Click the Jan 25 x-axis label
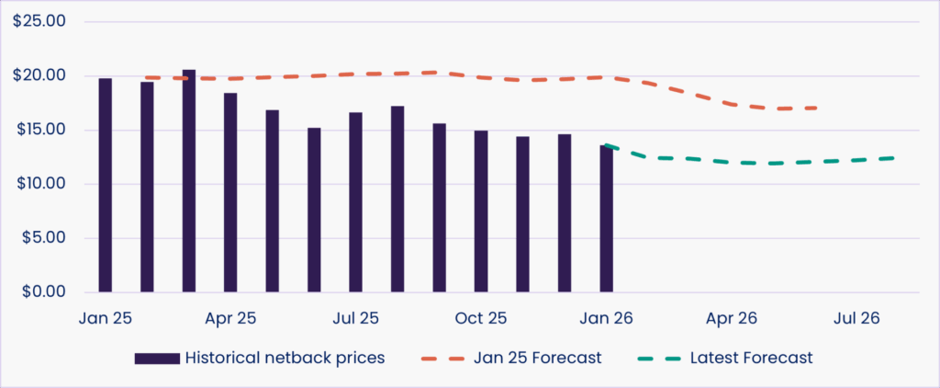[106, 318]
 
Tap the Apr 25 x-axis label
[231, 318]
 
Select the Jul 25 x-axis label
[355, 318]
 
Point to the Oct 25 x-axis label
[481, 318]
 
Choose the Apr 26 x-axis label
[732, 318]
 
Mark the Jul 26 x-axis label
[856, 318]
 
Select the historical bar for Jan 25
[106, 185]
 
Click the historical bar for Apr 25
[231, 192]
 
